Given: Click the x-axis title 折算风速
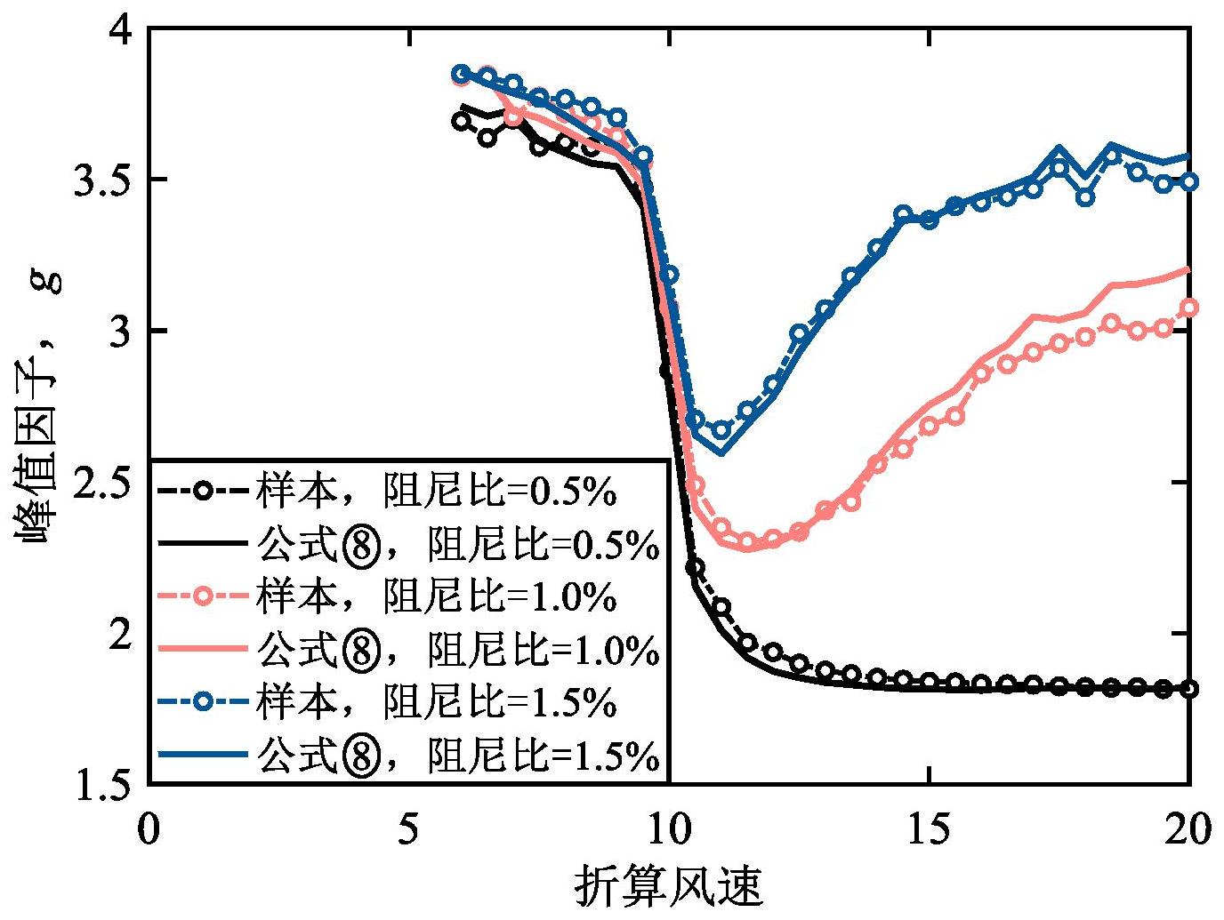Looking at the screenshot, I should click(x=670, y=885).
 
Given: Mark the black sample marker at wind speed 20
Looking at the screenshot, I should click(x=1189, y=689).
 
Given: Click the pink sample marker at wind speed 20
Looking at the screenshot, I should click(x=1189, y=308).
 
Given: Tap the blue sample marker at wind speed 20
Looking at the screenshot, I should click(x=1189, y=181).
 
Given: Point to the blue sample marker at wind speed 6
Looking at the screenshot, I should click(x=461, y=73).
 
